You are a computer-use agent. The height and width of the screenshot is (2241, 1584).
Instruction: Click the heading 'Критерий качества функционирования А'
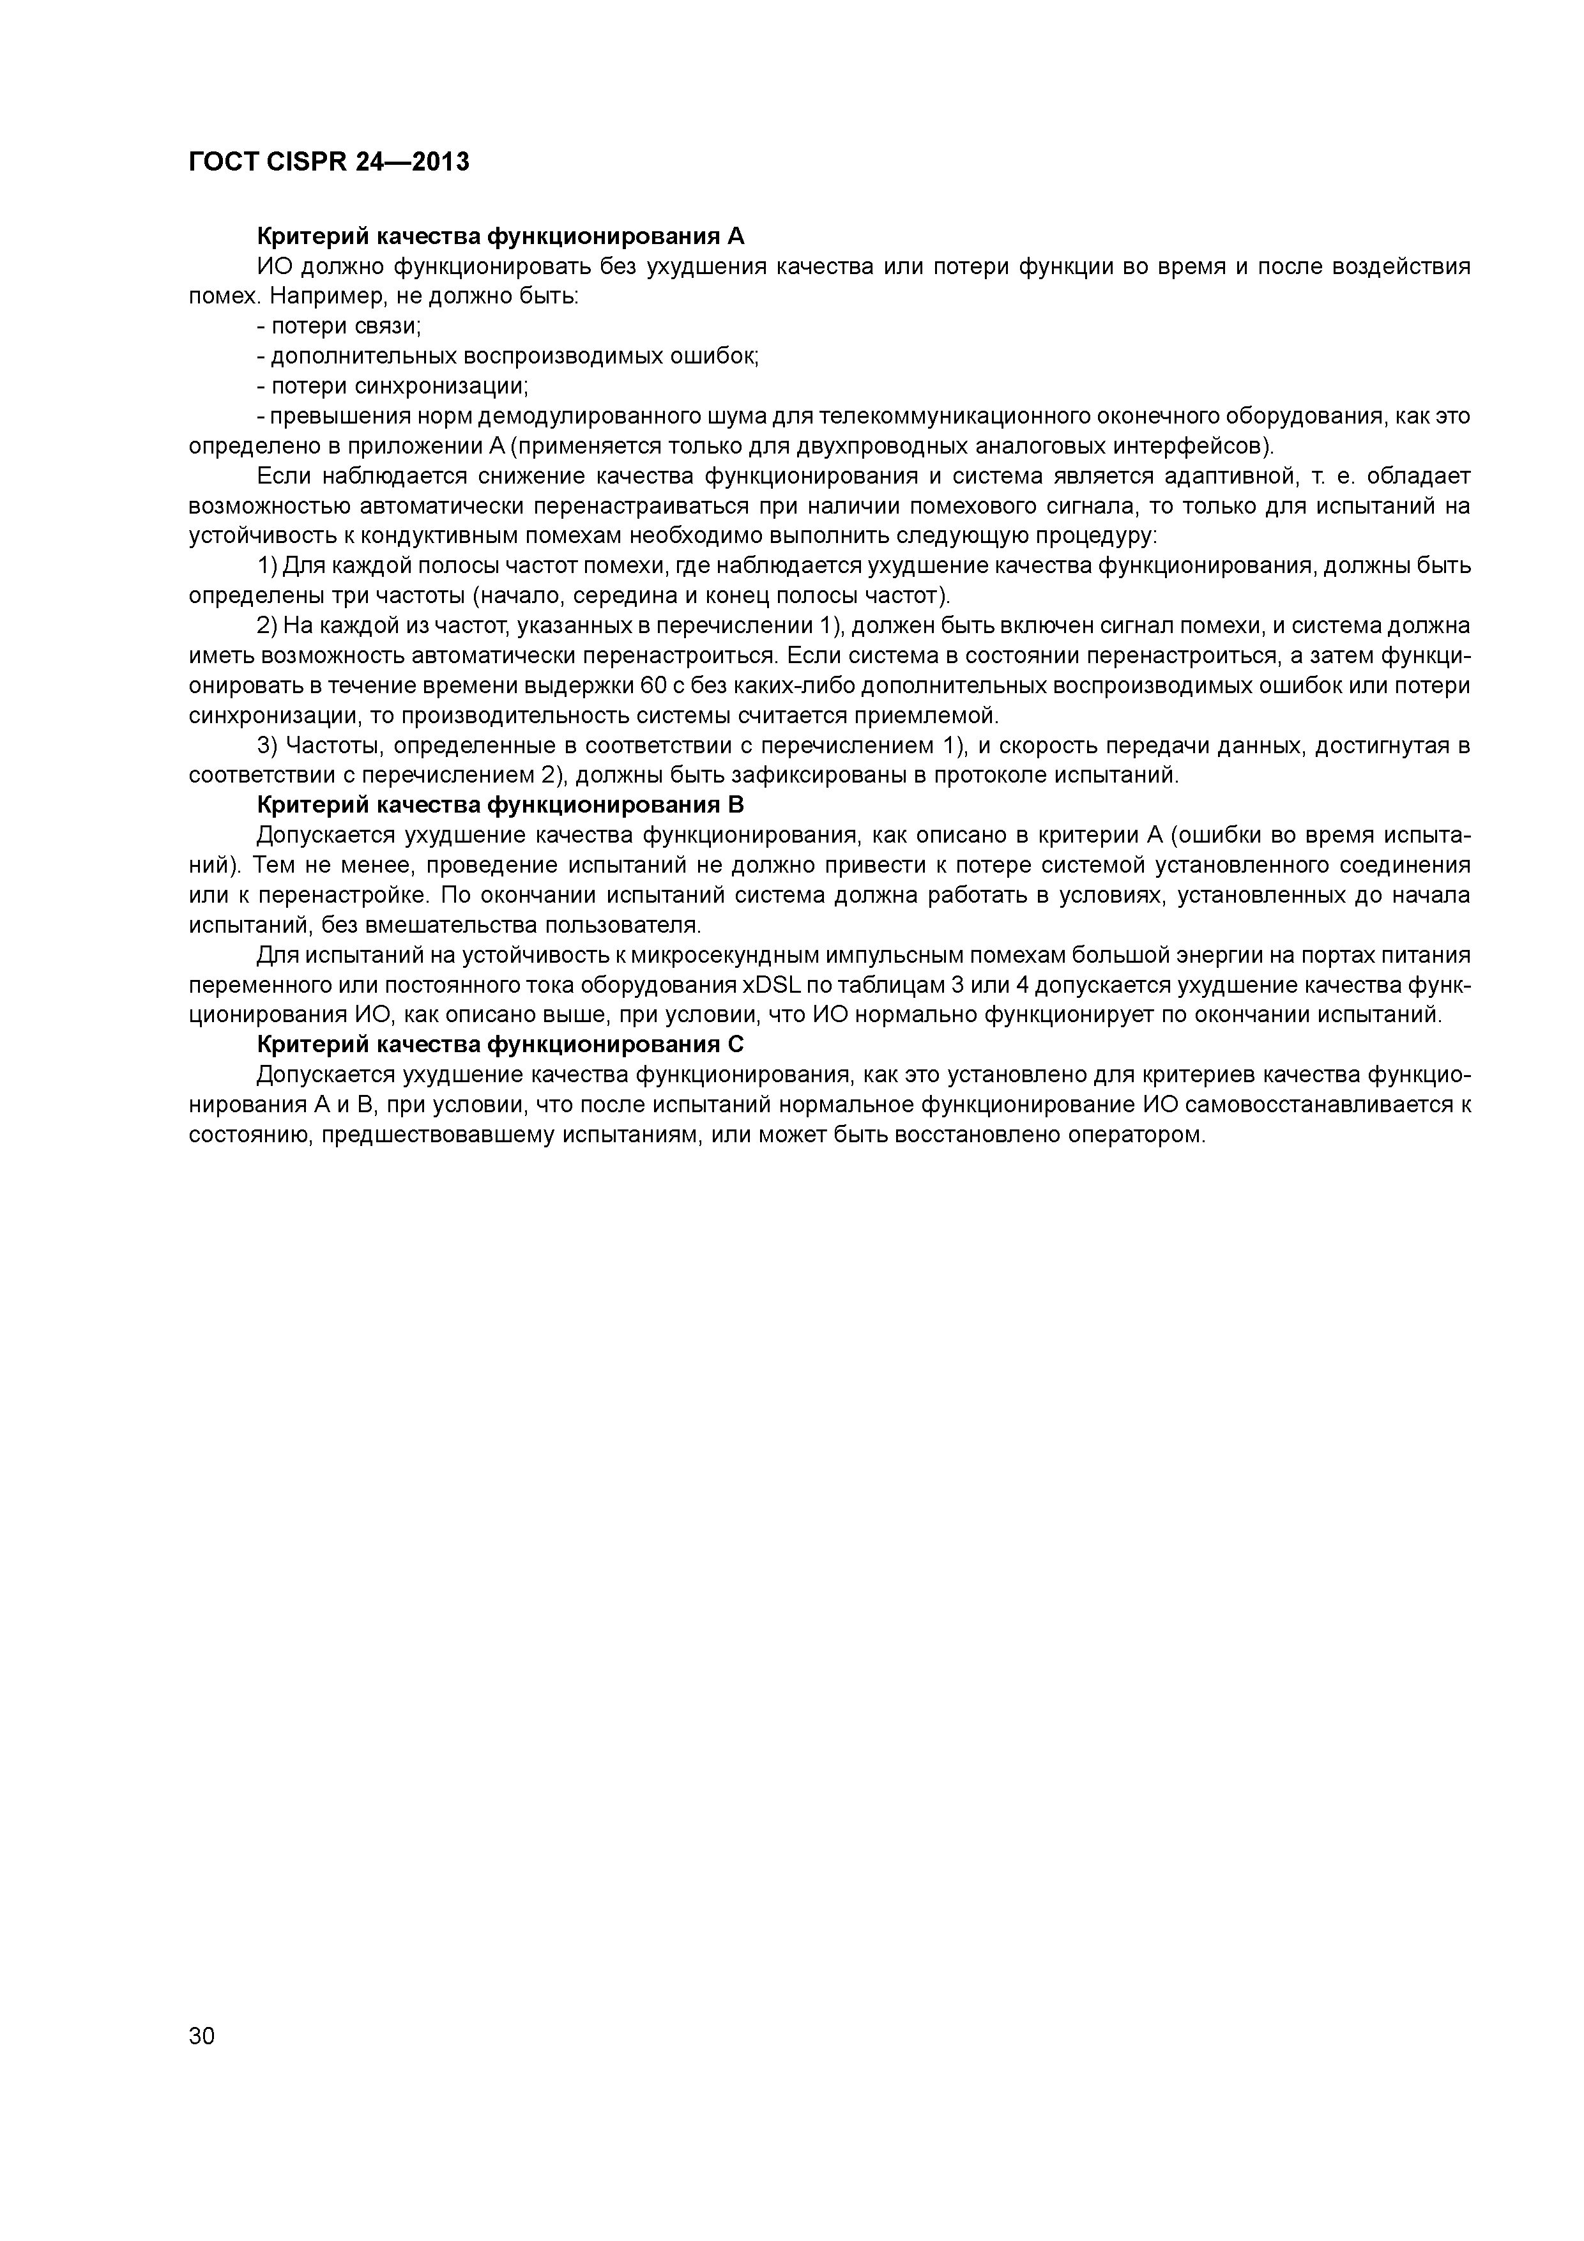(499, 236)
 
